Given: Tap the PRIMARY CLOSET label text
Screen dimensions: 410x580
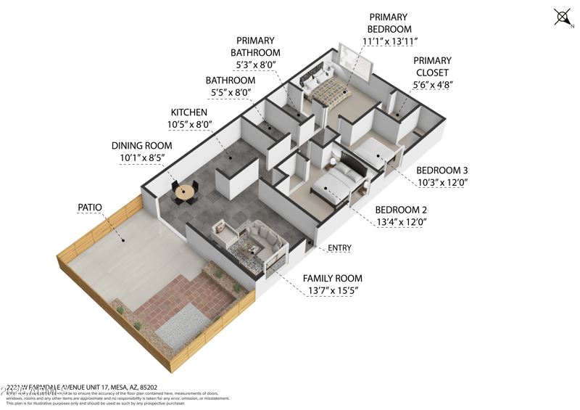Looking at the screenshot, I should pos(432,67).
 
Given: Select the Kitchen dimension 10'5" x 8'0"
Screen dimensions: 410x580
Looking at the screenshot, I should pos(191,125).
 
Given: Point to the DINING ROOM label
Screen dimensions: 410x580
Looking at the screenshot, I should pos(141,145).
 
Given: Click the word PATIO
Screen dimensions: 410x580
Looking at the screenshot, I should pos(90,208).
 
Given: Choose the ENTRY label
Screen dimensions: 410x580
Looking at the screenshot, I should pos(339,248).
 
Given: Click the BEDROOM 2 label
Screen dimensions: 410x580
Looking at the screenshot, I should pos(401,210).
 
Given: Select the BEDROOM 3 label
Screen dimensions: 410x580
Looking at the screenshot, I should pos(442,171).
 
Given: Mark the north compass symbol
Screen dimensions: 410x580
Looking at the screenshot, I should pos(563,17).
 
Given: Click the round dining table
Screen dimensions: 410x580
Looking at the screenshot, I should pos(186,192).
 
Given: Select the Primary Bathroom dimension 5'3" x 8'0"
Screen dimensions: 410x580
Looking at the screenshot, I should pos(255,65).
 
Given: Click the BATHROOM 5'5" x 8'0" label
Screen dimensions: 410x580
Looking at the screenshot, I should pos(230,86).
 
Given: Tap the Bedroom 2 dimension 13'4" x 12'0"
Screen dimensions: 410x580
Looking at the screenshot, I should pos(401,222).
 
